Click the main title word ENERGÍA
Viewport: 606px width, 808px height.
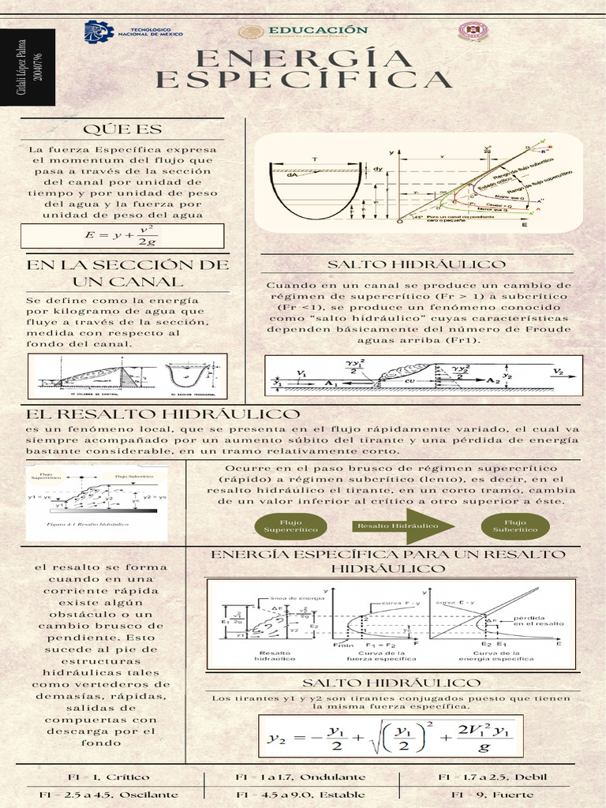coord(304,58)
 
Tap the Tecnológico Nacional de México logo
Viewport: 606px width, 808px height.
coord(133,32)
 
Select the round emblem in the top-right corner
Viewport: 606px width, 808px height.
coord(473,32)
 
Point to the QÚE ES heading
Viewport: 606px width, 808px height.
coord(122,129)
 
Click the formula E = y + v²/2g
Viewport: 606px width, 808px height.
coord(122,235)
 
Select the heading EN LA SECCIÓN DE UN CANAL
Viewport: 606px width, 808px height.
coord(128,272)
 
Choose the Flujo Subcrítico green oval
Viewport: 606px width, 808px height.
coord(514,526)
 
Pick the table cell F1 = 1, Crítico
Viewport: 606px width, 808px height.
coord(108,777)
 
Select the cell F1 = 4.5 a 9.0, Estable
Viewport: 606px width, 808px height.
coord(301,795)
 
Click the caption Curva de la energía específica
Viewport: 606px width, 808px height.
coord(503,656)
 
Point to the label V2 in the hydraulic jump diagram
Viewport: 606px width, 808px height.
coord(558,371)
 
